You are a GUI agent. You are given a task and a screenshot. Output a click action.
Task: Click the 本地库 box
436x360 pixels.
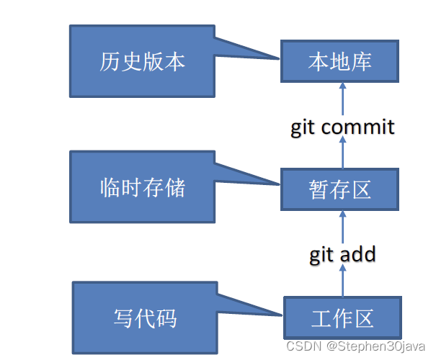coord(339,61)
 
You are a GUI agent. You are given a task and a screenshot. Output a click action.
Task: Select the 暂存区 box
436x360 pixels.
coord(339,189)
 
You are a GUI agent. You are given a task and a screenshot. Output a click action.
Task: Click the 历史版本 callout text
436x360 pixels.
coord(142,61)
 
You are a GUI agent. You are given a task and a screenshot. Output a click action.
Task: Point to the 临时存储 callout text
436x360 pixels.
coord(142,188)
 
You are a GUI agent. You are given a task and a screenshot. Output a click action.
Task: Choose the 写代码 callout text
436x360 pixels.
coord(145,318)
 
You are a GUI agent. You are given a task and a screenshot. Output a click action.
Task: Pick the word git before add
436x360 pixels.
coord(322,254)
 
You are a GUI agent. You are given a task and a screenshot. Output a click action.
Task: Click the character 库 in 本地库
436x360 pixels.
coord(361,61)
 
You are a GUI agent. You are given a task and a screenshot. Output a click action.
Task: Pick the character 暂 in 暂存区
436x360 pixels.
coord(318,189)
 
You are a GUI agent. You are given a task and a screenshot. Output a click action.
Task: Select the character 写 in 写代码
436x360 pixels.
coord(123,318)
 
